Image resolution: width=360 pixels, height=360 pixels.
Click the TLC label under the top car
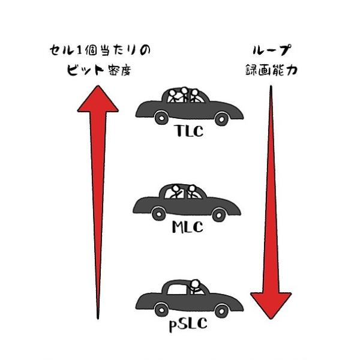(189, 131)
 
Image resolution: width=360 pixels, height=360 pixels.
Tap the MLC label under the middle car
(187, 227)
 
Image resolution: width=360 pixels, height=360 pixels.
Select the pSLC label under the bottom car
(188, 324)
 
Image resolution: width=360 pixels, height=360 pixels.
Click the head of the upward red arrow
(98, 99)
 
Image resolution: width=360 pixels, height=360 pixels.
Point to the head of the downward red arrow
(271, 305)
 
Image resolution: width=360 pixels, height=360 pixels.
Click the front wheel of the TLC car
(221, 119)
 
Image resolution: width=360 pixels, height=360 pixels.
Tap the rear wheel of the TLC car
(161, 118)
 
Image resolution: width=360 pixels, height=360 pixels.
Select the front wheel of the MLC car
(219, 215)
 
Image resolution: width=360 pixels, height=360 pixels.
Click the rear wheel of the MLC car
(159, 214)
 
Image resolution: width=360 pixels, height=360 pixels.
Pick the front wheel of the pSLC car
(221, 311)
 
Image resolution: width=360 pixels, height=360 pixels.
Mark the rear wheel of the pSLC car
(161, 310)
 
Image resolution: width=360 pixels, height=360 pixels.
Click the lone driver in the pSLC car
(196, 287)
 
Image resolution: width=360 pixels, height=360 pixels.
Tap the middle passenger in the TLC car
(184, 95)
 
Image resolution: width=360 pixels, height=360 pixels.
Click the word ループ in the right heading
(272, 50)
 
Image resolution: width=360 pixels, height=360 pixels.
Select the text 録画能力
(271, 70)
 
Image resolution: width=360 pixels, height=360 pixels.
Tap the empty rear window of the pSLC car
(177, 290)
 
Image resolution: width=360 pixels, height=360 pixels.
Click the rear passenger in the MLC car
(175, 191)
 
